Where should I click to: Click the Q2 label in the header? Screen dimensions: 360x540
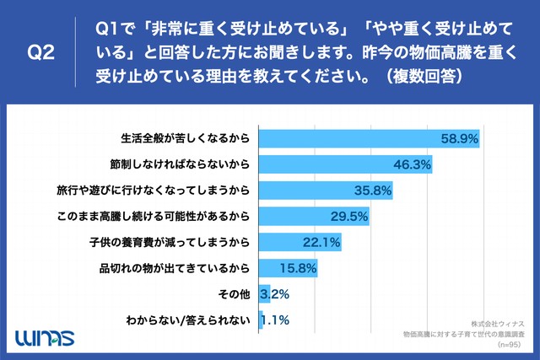[x=41, y=52]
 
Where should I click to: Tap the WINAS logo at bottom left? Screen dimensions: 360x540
[x=44, y=337]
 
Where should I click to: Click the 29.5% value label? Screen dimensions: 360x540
[x=348, y=217]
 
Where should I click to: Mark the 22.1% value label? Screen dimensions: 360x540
[x=321, y=243]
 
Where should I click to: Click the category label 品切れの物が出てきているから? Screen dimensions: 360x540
[x=175, y=269]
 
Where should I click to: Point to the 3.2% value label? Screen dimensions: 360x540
[x=276, y=296]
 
